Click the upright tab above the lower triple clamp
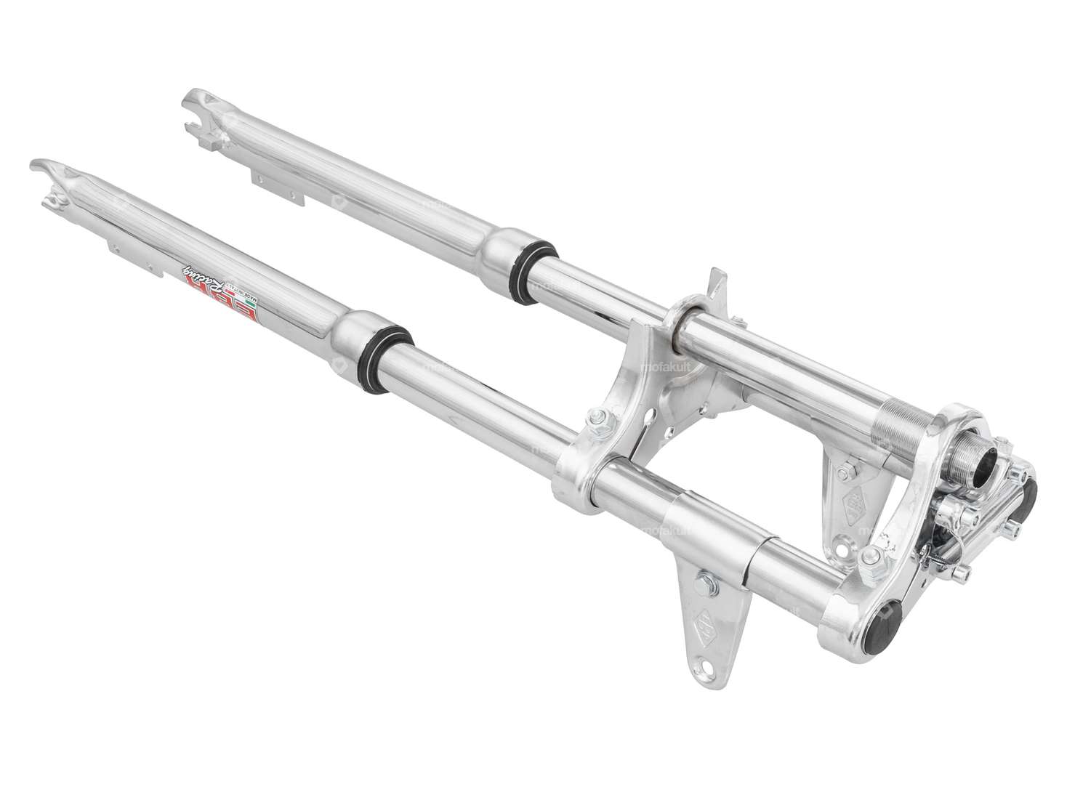[x=717, y=286]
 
